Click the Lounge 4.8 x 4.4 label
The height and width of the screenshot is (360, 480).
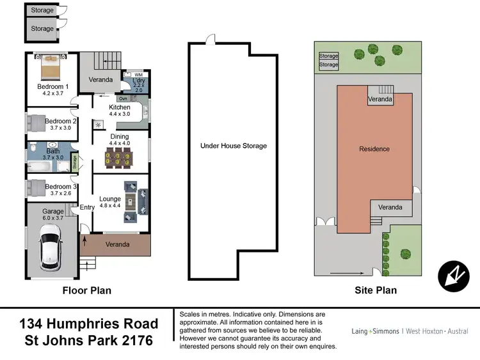point(110,203)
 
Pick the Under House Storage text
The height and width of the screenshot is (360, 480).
point(234,146)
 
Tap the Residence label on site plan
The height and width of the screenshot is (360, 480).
point(374,149)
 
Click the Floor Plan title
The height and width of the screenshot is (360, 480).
point(86,290)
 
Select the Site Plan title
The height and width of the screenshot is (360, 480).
point(376,290)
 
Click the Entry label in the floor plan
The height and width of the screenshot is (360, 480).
point(87,207)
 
